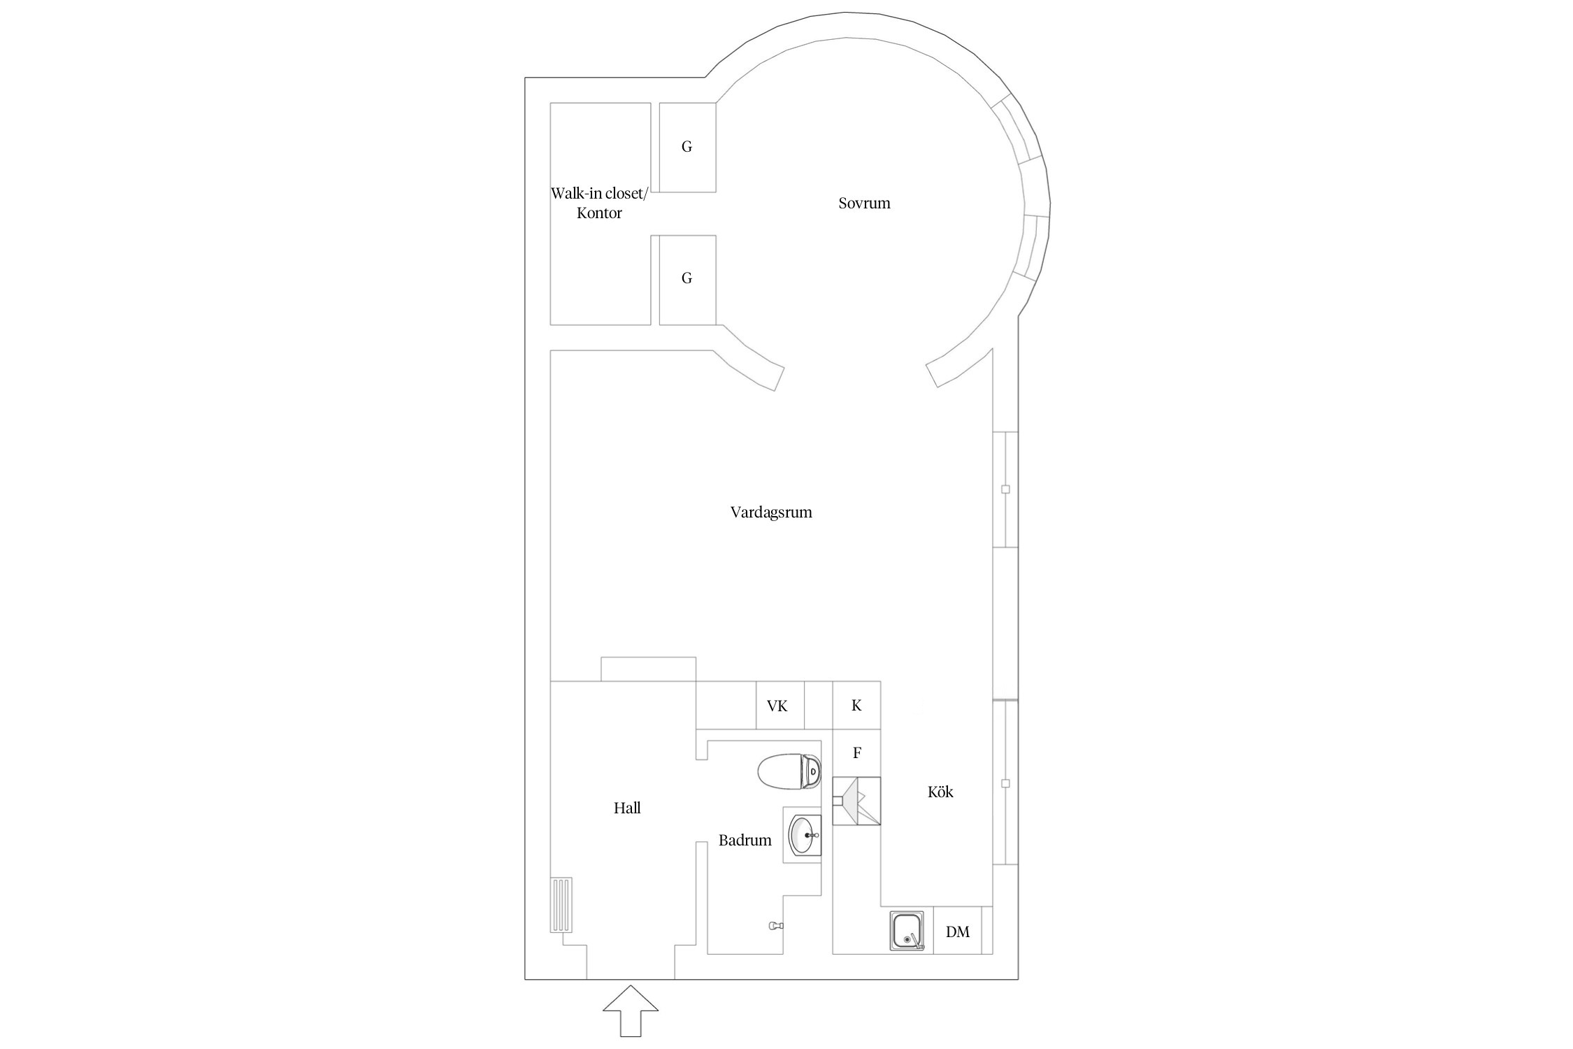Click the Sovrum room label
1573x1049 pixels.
pos(864,204)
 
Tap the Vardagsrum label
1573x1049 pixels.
pos(771,513)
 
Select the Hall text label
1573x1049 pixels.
pos(627,808)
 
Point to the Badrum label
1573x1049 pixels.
pos(745,841)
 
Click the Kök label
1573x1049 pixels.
pos(940,792)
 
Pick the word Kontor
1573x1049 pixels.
pos(599,213)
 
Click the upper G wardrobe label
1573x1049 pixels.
pos(687,147)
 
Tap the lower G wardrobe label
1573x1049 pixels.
pos(687,278)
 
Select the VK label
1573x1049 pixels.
pos(777,706)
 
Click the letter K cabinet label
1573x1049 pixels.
pos(856,706)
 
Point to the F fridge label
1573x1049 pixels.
pos(857,753)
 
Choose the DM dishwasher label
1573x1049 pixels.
pos(958,932)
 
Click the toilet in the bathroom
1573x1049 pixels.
pos(789,772)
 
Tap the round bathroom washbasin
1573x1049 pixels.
pos(805,834)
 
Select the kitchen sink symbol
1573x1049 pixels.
pos(907,931)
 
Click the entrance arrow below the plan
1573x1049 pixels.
pos(631,1011)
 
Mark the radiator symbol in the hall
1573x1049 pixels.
pos(561,904)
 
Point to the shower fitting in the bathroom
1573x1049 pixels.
pos(776,925)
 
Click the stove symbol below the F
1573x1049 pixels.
pos(856,801)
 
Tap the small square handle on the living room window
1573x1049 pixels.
pos(1005,490)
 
